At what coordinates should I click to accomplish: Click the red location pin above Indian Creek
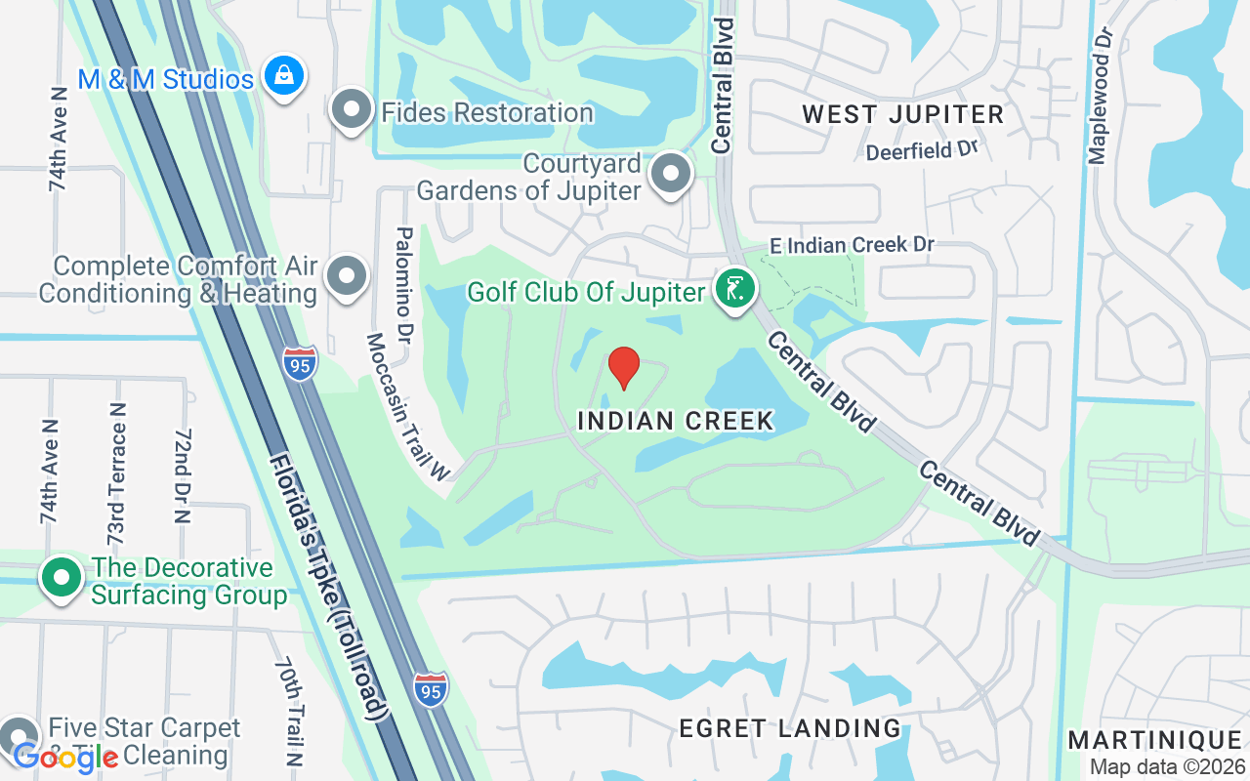623,367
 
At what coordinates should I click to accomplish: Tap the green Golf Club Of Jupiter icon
735,290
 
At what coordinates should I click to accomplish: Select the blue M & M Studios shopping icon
283,76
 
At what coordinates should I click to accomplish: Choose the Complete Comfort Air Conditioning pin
347,277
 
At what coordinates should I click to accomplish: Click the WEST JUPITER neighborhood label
902,114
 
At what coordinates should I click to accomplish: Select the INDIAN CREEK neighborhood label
676,421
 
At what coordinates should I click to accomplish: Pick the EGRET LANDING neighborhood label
789,727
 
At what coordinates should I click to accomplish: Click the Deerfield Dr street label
921,150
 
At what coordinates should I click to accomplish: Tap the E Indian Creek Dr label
853,244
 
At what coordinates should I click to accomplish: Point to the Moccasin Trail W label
406,406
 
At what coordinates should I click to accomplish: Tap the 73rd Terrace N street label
116,473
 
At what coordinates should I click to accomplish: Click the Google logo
64,756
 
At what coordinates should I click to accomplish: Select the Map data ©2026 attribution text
1166,766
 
